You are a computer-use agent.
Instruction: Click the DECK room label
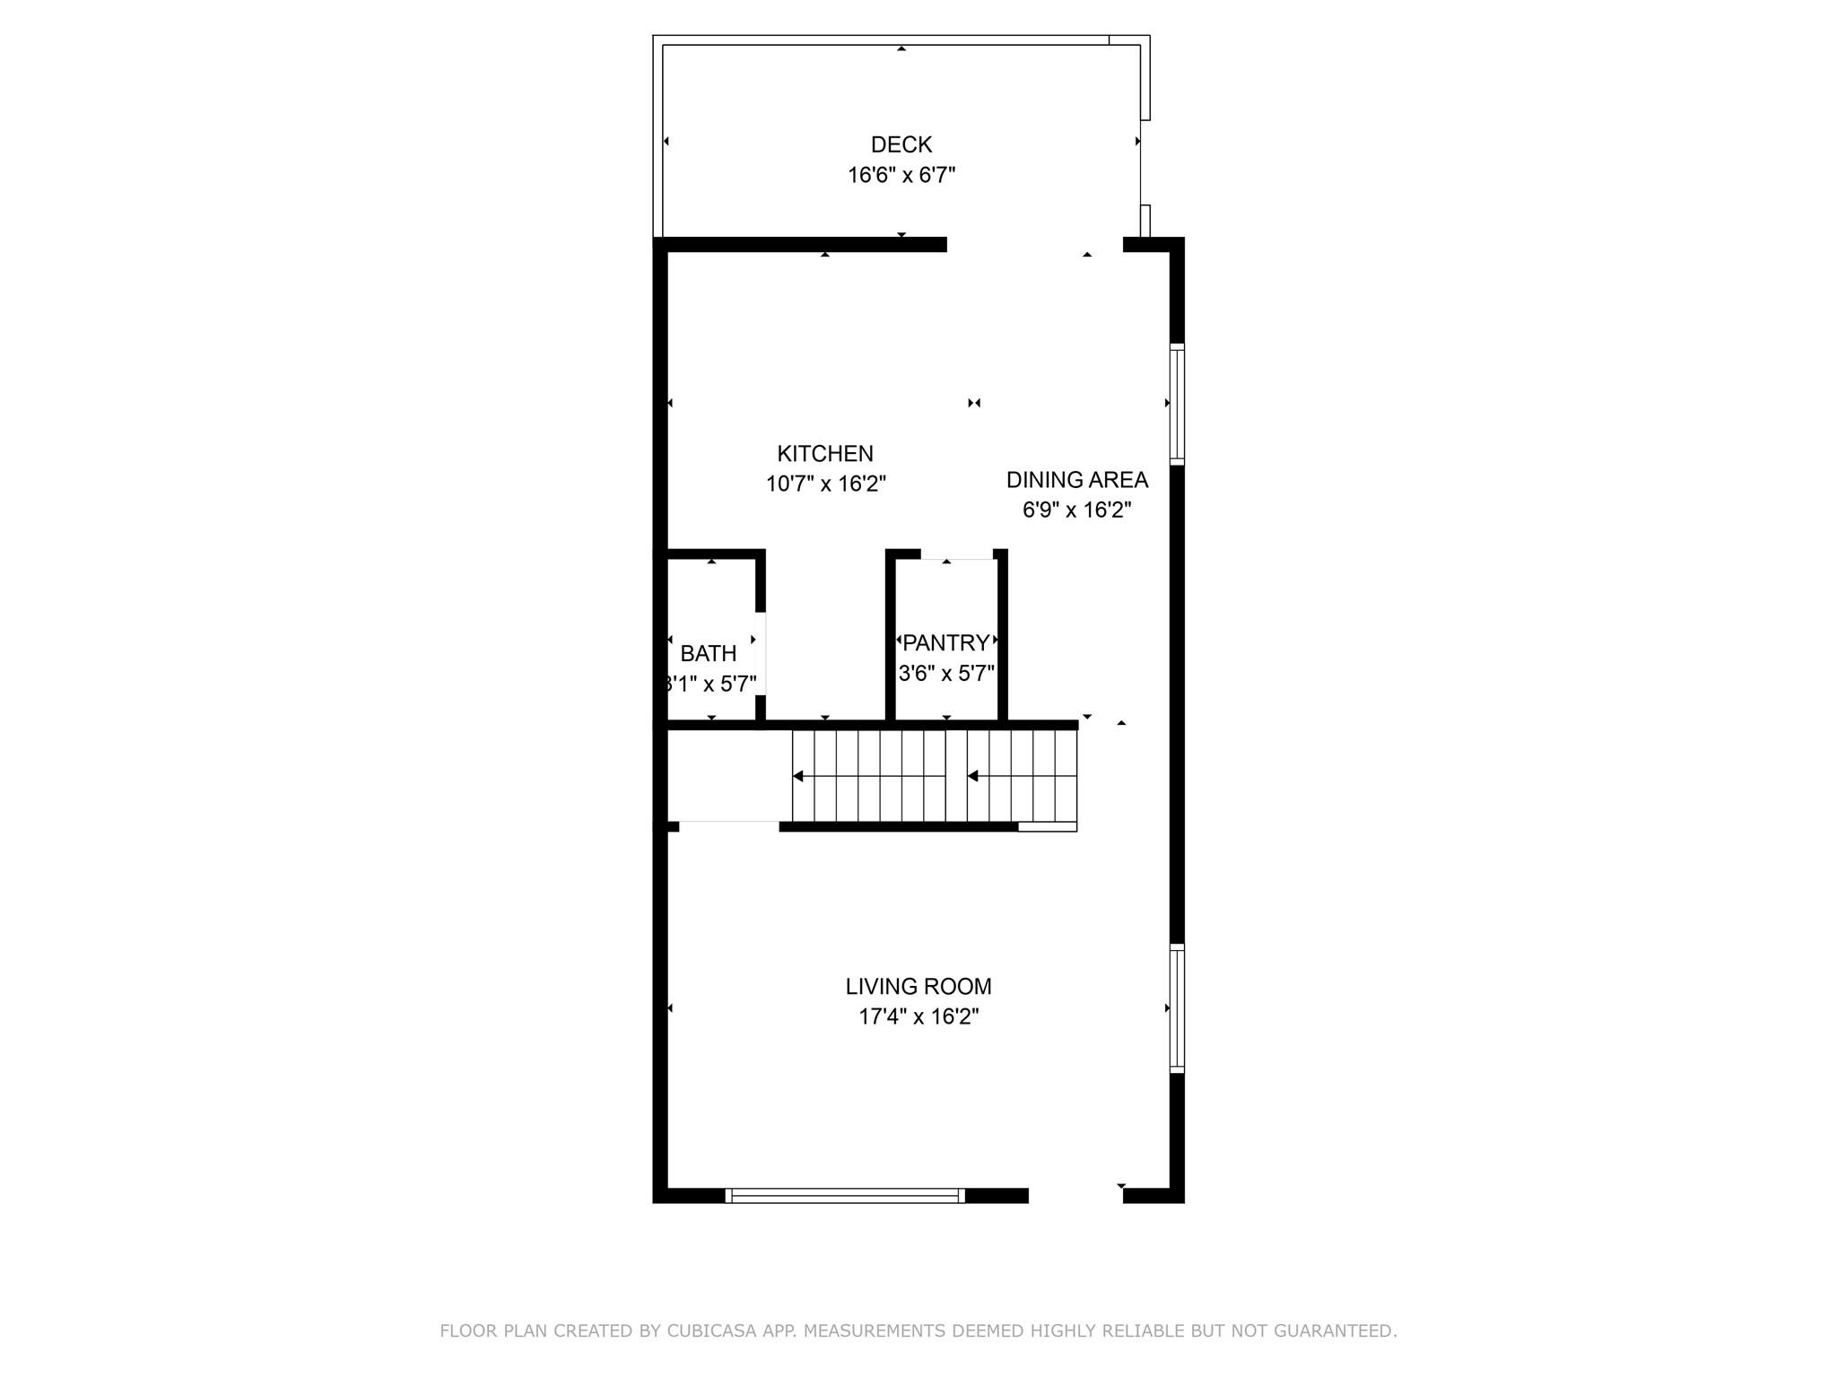coord(901,144)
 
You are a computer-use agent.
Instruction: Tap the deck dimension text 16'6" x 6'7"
coord(901,175)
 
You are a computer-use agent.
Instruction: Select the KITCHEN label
coord(824,454)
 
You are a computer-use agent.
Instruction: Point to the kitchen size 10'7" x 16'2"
coord(824,484)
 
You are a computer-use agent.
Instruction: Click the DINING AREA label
coord(1076,480)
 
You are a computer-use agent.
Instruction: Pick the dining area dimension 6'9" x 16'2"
coord(1076,510)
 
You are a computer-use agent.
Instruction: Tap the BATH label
coord(708,654)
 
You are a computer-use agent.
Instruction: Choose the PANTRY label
coord(945,643)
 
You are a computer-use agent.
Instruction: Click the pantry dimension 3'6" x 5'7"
coord(945,674)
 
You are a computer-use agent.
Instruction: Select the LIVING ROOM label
coord(918,987)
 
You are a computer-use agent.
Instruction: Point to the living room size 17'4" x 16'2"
coord(918,1017)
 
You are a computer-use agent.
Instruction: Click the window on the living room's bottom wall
coord(844,1195)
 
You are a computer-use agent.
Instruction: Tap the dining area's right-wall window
coord(1177,404)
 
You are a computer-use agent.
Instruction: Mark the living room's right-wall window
coord(1177,1007)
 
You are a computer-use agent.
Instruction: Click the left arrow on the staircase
coord(798,776)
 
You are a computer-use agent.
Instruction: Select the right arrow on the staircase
coord(973,776)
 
